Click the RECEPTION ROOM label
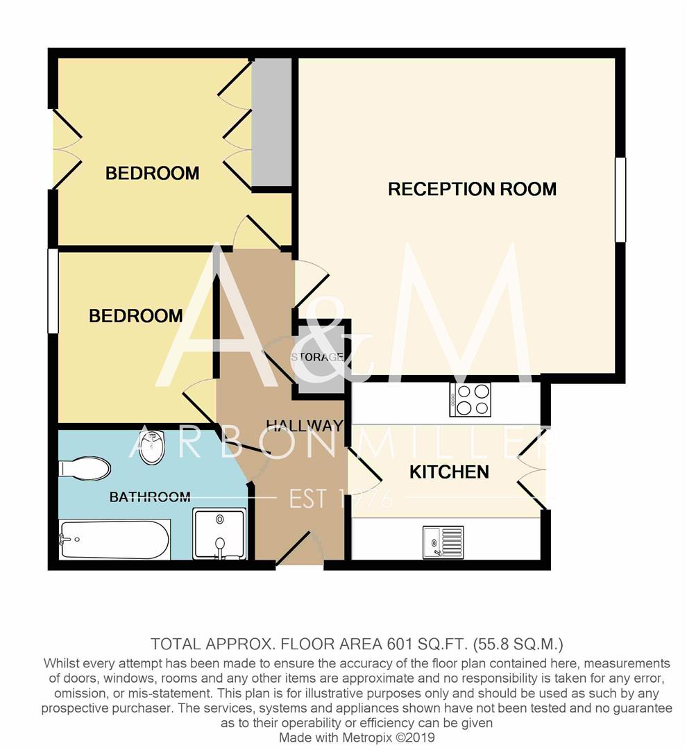click(x=472, y=189)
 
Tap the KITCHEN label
click(x=449, y=472)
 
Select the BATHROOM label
click(x=150, y=497)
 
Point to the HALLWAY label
click(x=305, y=425)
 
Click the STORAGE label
click(x=317, y=357)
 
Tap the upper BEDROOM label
click(x=152, y=173)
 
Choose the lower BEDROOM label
click(x=136, y=316)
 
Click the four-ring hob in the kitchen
click(x=470, y=399)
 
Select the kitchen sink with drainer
click(x=443, y=542)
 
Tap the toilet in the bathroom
click(x=85, y=468)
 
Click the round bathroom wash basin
click(x=152, y=448)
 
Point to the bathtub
click(x=114, y=540)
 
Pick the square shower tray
click(x=219, y=533)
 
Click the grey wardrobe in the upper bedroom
click(x=271, y=123)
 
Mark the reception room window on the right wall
click(x=620, y=200)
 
